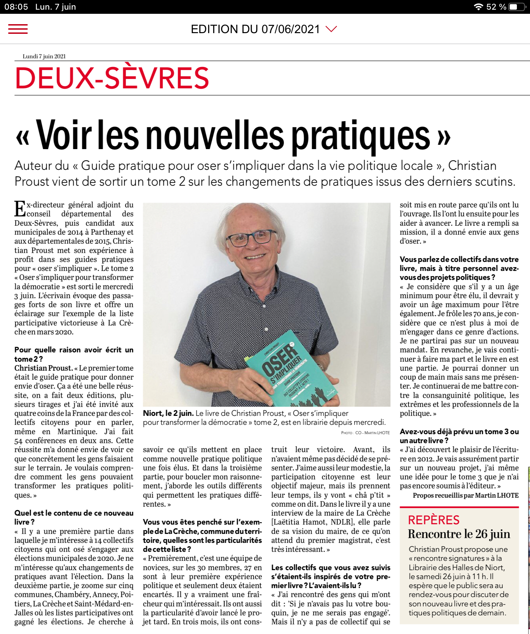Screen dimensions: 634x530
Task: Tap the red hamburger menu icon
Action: (18, 29)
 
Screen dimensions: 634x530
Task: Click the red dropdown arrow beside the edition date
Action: (331, 29)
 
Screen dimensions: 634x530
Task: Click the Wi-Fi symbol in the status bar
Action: (478, 7)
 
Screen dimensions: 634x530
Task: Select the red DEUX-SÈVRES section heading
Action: (112, 78)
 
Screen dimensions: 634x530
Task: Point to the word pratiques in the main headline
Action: (361, 136)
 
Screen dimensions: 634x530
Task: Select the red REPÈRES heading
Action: (433, 520)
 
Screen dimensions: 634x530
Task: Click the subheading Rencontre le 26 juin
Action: (459, 534)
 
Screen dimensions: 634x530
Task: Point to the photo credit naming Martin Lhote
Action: (365, 433)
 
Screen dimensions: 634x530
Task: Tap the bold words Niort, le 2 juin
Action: (168, 413)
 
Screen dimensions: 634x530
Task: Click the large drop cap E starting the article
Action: (20, 209)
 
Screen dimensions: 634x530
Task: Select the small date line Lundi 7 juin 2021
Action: (44, 56)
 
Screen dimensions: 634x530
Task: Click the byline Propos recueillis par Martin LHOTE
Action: (465, 495)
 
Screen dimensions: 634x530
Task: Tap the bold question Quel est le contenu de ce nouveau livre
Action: (73, 517)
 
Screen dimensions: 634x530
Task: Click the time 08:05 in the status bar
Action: (16, 7)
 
